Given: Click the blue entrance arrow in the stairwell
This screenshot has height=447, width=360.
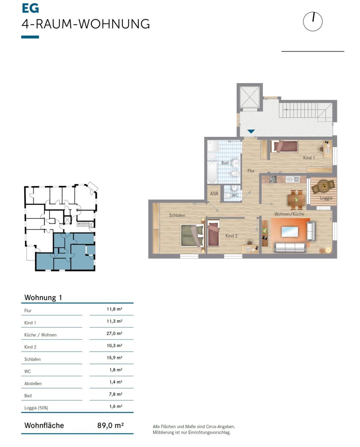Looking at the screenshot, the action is point(251,131).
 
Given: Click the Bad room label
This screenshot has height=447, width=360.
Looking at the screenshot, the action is point(225,163).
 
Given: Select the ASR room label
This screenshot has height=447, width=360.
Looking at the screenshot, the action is point(214,193).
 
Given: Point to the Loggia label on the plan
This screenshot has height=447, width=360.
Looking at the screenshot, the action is point(326,198).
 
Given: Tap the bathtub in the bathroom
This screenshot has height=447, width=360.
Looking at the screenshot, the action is point(212,172).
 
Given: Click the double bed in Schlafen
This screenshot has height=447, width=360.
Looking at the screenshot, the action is point(192,235).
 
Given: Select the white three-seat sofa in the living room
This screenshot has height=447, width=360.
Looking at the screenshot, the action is point(290,247).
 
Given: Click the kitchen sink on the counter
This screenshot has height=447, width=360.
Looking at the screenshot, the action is point(292,179).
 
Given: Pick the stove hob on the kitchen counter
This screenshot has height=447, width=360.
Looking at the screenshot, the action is point(273,179).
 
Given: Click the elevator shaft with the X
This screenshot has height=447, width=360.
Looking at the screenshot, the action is point(250,97).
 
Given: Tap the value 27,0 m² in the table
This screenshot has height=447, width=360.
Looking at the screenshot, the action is point(114,333).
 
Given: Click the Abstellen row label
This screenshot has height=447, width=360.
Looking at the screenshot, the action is point(33,384).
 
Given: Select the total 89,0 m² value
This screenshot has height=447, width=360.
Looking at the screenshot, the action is point(110,426).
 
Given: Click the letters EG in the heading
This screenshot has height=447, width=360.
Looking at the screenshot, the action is point(30,8).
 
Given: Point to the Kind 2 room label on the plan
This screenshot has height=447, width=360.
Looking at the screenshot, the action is point(231,236).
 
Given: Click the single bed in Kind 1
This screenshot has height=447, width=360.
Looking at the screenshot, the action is point(284,146).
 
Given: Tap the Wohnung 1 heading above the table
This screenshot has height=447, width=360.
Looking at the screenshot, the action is point(43,298).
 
